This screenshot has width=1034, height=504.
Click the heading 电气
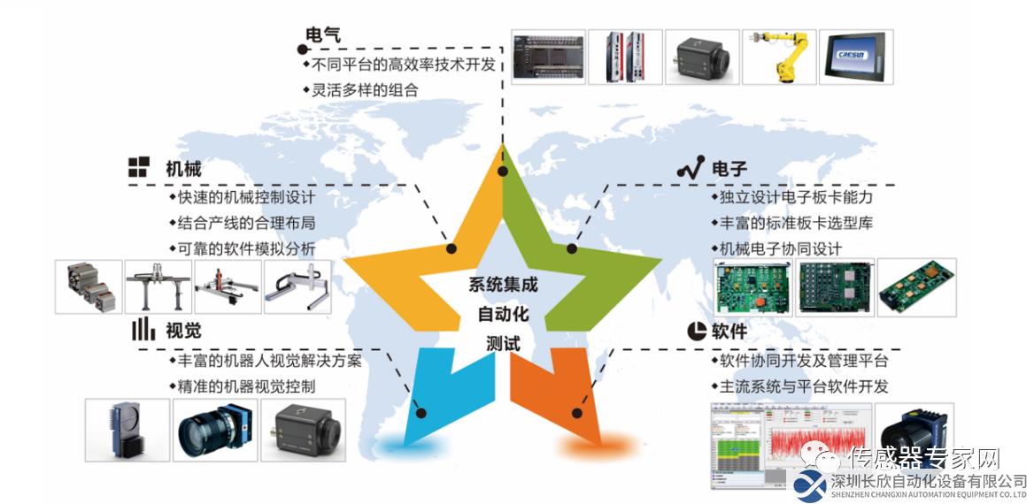(323, 34)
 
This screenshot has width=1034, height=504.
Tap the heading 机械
(183, 169)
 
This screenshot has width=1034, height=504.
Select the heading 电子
(729, 169)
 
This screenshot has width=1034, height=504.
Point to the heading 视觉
(183, 331)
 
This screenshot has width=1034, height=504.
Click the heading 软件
(729, 331)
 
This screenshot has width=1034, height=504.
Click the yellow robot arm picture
(779, 57)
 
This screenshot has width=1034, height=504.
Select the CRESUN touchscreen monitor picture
(856, 57)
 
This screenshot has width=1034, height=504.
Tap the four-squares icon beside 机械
(138, 167)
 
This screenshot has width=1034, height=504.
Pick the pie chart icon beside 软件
(697, 331)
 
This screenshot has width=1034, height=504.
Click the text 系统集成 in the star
(503, 286)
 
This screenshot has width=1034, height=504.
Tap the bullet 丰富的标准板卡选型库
(792, 224)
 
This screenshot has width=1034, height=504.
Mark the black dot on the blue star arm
(421, 413)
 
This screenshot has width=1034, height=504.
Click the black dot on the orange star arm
(577, 413)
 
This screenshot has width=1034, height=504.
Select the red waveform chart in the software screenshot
(818, 443)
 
